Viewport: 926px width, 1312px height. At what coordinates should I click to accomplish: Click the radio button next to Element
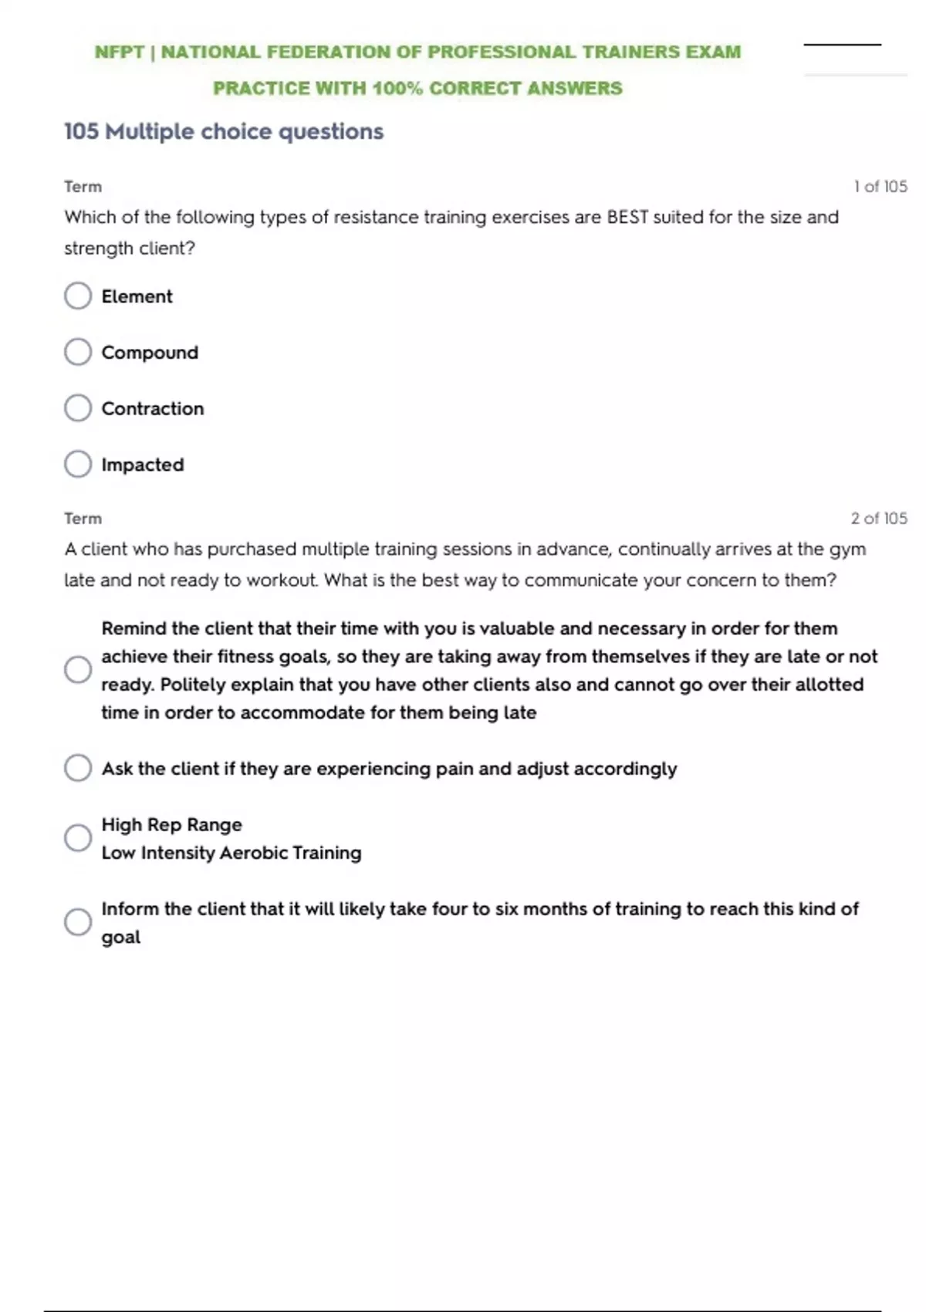click(x=78, y=296)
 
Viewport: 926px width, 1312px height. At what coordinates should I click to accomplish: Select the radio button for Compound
click(x=78, y=352)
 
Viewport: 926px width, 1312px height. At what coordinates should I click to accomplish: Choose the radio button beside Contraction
click(x=78, y=408)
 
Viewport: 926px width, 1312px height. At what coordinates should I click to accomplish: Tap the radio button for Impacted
click(x=78, y=465)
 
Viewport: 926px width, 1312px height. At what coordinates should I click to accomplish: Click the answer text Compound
click(x=150, y=353)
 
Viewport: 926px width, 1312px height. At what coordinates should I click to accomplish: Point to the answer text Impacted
click(x=143, y=465)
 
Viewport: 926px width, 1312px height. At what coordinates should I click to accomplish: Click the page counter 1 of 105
click(x=880, y=187)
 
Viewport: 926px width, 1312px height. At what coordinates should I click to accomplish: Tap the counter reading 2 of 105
click(x=878, y=519)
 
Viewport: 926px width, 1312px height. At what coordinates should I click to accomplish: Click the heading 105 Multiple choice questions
click(x=223, y=131)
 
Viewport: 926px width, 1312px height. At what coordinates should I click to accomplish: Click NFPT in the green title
click(x=120, y=52)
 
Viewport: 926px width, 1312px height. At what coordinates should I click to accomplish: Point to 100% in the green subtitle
click(x=397, y=89)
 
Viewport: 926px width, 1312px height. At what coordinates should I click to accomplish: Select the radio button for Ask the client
click(x=78, y=768)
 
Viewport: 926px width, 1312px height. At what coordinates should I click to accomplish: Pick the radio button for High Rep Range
click(x=78, y=838)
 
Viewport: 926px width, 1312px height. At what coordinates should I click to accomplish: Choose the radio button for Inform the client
click(x=78, y=921)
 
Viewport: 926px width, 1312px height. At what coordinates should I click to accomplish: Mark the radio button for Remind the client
click(x=78, y=670)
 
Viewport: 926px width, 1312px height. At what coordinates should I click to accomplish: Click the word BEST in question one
click(x=627, y=218)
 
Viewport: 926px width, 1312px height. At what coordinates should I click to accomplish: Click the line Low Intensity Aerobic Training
click(x=231, y=853)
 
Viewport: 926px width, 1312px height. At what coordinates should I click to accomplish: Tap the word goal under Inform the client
click(x=121, y=938)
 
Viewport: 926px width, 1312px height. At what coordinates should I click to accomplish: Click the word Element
click(x=137, y=296)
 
